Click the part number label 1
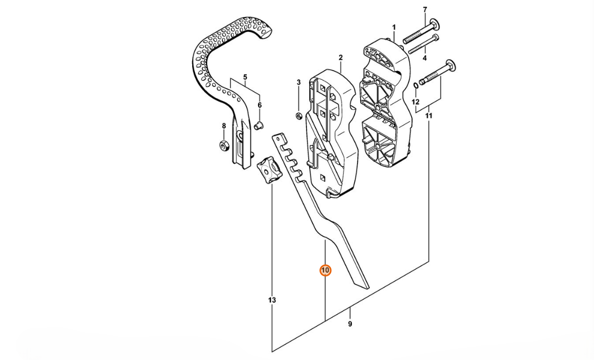tap(394, 27)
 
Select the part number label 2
tap(341, 57)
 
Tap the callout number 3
tap(298, 82)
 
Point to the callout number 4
tap(425, 58)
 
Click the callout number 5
tap(245, 77)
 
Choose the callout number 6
tap(260, 105)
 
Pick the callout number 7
tap(425, 10)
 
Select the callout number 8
tap(224, 126)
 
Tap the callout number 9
tap(350, 324)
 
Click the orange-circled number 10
tap(325, 270)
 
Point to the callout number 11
tap(429, 116)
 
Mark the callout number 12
tap(415, 102)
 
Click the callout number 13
tap(272, 300)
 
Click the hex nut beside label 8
tap(224, 146)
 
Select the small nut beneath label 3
tap(299, 115)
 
